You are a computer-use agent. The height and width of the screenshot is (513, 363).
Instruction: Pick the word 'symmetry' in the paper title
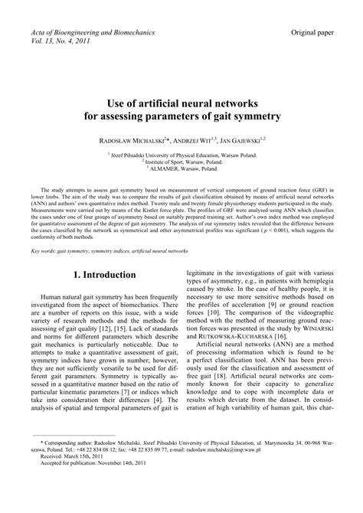tap(256, 117)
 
